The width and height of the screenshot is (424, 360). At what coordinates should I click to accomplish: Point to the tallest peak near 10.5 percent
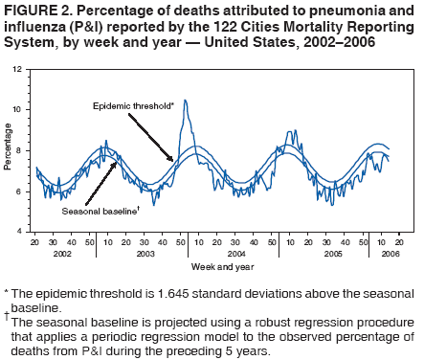pos(186,101)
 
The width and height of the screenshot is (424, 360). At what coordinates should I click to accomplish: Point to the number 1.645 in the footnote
pos(177,292)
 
